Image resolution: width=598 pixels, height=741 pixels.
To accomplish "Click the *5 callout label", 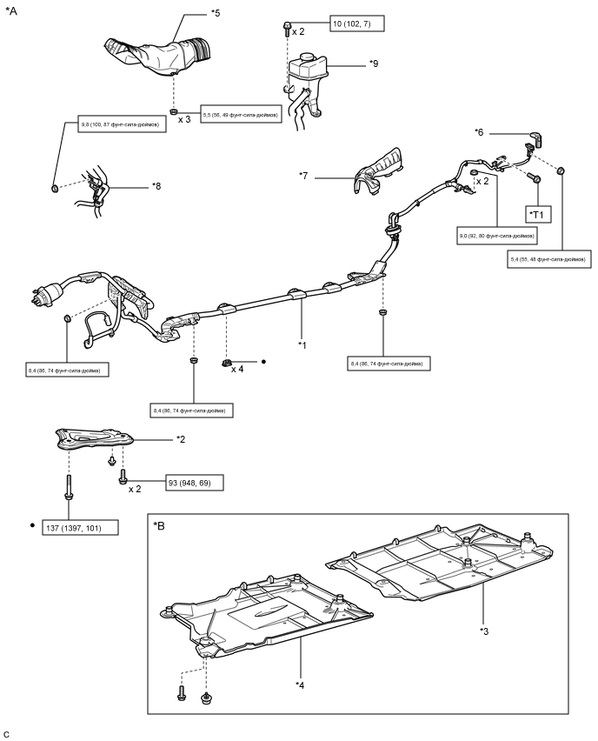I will (216, 14).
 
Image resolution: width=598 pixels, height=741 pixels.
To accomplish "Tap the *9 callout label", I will (374, 63).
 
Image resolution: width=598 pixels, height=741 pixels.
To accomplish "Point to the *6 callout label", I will (479, 132).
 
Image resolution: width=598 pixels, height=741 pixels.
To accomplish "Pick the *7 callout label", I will (304, 177).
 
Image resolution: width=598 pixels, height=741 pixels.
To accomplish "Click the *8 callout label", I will (156, 185).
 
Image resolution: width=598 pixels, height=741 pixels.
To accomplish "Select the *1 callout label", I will (302, 345).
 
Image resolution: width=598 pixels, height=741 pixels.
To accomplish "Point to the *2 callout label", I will (181, 439).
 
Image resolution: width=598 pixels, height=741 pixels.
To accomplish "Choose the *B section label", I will (161, 526).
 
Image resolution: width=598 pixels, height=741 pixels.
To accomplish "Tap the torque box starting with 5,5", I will (241, 115).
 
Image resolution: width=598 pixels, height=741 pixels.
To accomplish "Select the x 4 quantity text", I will (238, 369).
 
